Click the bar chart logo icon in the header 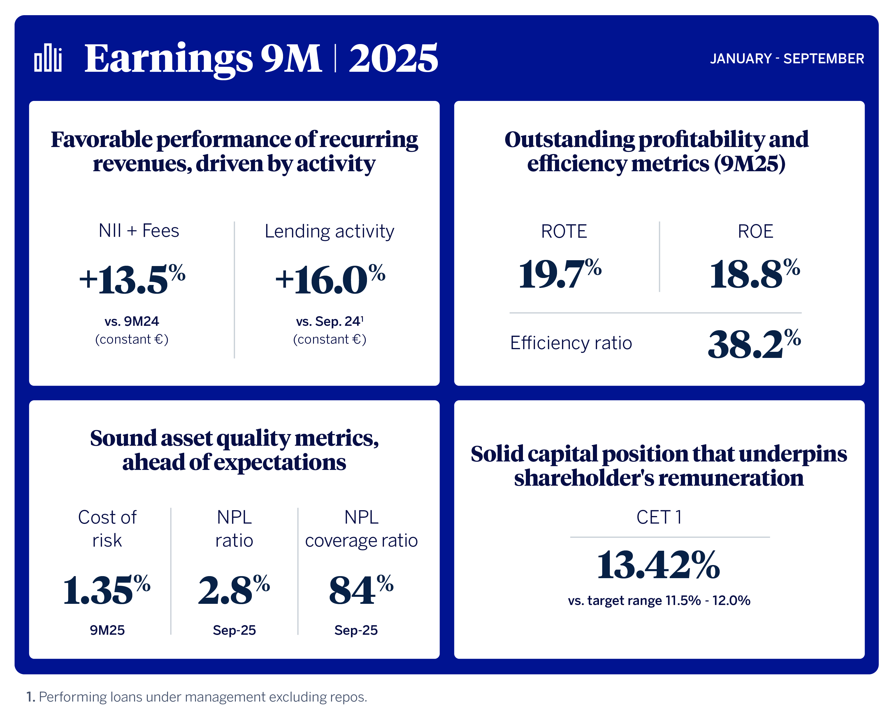point(48,58)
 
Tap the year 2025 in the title point(393,58)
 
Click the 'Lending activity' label point(329,231)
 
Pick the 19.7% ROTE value point(560,274)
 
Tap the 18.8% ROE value point(754,274)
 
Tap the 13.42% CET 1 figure point(658,565)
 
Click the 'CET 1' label point(659,517)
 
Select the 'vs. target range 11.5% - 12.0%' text point(659,601)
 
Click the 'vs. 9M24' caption point(132,321)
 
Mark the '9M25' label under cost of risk point(107,630)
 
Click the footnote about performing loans point(197,697)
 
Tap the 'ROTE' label point(564,231)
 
